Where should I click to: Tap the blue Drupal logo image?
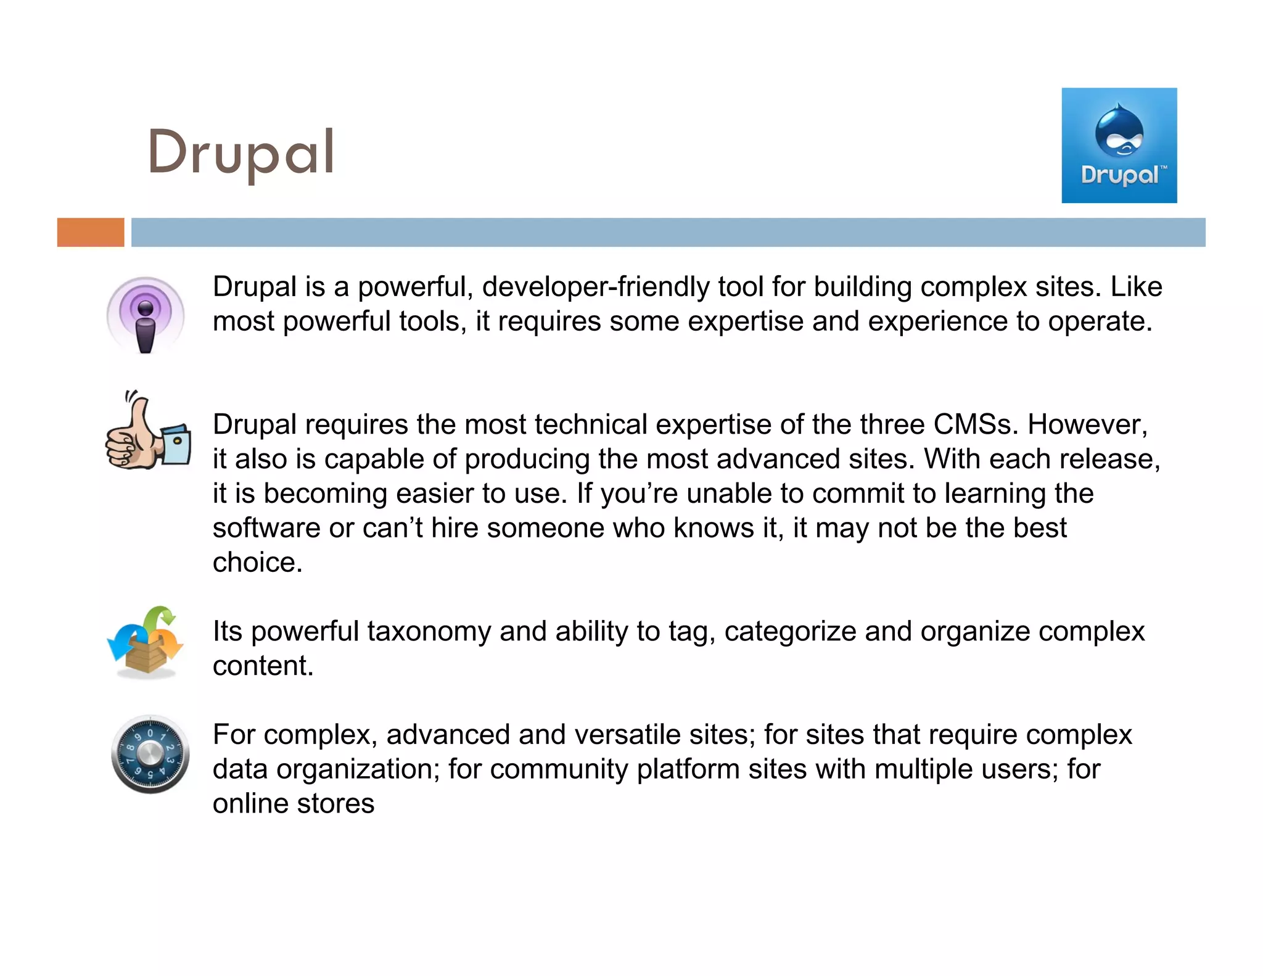click(x=1119, y=146)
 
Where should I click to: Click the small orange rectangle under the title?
click(x=91, y=233)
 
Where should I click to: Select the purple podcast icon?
click(x=146, y=315)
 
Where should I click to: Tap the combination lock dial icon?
click(x=150, y=754)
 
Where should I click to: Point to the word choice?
click(x=257, y=563)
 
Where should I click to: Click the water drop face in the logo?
click(x=1119, y=131)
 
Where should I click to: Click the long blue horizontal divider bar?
click(x=668, y=233)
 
